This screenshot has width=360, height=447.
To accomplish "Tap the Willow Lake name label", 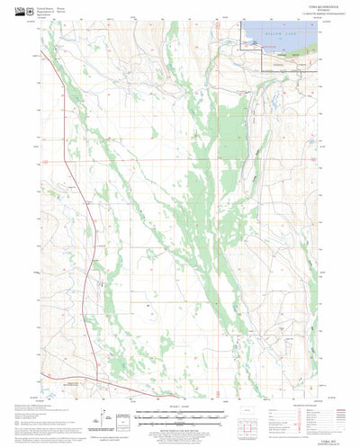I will coord(279,40).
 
